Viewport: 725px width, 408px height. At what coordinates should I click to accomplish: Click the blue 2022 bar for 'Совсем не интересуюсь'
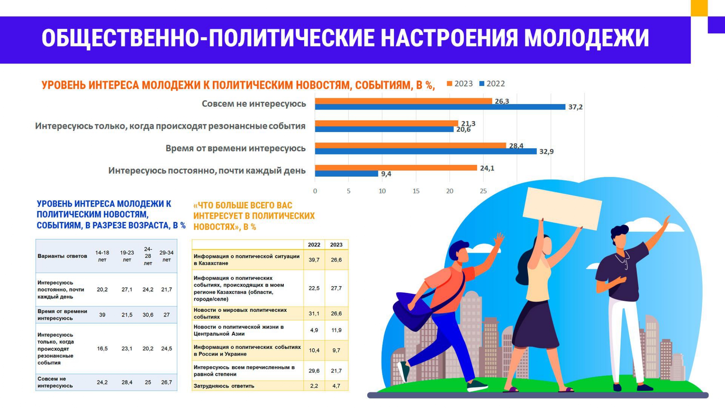(440, 107)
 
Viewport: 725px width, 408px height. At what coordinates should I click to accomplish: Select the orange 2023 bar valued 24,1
(396, 168)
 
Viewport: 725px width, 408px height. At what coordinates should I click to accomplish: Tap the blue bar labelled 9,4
(347, 174)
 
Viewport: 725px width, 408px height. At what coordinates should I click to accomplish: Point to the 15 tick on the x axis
(416, 191)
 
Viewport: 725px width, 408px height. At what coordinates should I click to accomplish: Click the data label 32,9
(546, 152)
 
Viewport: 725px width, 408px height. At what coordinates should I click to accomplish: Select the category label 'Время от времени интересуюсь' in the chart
(236, 148)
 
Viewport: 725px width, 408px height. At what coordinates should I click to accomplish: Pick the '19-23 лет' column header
(127, 256)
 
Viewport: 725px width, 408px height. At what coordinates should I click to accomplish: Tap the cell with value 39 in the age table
(102, 315)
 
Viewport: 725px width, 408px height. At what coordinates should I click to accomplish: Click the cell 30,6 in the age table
(148, 315)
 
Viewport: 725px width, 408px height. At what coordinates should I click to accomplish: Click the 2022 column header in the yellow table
(314, 245)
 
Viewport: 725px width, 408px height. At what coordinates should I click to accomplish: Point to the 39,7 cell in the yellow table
(314, 260)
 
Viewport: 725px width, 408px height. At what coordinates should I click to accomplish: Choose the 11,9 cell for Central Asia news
(336, 330)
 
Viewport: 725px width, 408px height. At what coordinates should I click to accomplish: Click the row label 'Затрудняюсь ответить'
(224, 386)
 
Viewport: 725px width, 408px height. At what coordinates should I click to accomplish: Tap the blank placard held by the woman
(562, 209)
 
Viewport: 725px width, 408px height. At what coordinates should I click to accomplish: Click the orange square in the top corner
(699, 8)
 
